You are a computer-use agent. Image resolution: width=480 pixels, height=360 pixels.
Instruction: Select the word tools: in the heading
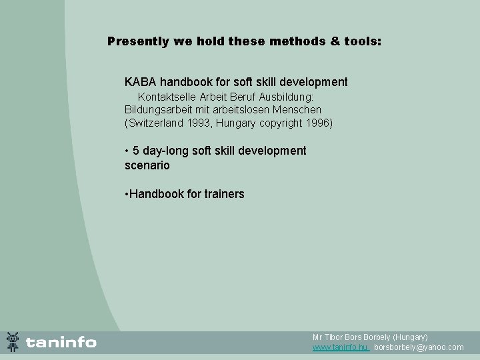361,41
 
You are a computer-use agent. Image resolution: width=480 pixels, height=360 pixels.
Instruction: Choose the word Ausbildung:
290,97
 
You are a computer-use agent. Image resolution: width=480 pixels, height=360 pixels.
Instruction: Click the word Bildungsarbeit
156,109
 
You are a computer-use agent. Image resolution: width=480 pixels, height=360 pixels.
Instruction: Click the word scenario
147,165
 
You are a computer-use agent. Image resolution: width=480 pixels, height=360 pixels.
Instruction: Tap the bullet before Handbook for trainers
127,194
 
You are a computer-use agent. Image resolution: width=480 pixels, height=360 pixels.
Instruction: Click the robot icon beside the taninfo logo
13,342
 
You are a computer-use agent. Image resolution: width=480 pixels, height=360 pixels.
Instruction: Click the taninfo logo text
61,343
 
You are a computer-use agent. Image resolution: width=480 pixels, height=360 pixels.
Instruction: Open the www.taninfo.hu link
340,347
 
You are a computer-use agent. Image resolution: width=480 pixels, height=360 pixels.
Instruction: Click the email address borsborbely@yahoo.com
419,347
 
